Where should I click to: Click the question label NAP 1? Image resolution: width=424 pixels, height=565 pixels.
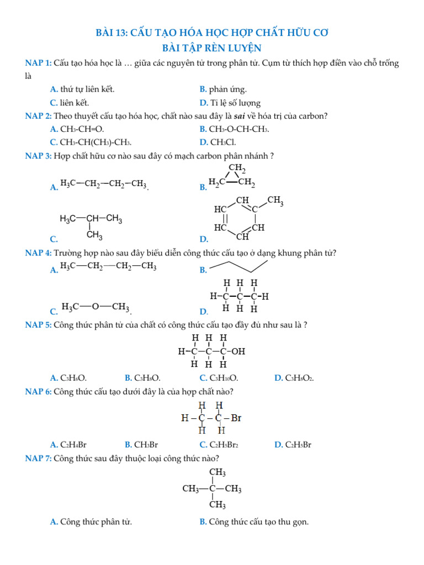[38, 63]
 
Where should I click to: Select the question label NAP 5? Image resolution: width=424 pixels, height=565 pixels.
[38, 324]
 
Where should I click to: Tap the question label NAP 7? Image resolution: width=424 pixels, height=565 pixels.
[38, 459]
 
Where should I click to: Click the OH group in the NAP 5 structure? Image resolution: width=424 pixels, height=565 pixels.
[239, 350]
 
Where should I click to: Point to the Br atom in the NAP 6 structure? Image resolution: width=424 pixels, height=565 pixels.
[236, 418]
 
